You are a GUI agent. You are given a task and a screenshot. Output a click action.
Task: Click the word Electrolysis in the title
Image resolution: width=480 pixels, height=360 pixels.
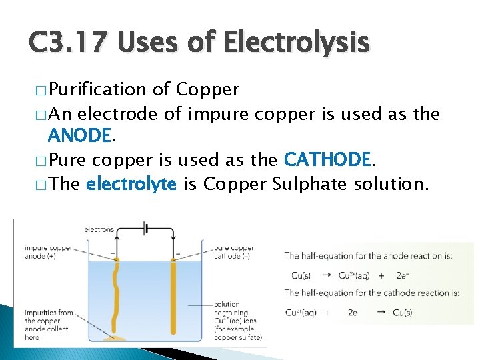[x=295, y=43]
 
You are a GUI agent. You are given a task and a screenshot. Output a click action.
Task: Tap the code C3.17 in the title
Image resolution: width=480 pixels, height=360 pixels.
[x=71, y=43]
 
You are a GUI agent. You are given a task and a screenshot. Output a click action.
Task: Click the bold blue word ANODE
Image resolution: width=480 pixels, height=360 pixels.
[x=79, y=136]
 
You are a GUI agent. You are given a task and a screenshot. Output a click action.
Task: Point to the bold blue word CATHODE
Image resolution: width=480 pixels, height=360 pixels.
[x=327, y=160]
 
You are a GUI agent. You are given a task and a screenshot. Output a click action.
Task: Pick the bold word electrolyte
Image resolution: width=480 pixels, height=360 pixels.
[x=131, y=183]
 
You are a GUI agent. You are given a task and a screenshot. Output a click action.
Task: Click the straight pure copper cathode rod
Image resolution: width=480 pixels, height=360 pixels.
[x=175, y=300]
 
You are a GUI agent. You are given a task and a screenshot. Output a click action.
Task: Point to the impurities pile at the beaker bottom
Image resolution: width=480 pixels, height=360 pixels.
[x=116, y=340]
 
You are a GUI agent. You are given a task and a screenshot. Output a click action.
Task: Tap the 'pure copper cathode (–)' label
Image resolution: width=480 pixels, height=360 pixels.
[x=233, y=252]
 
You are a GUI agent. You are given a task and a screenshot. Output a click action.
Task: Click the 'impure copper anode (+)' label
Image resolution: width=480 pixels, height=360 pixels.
[x=48, y=252]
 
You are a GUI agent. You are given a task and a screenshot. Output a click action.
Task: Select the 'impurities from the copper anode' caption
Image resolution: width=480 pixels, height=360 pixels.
[x=48, y=325]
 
